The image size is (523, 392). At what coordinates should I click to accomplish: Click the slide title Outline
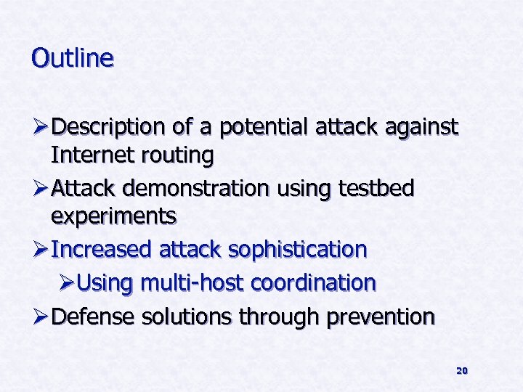tap(73, 58)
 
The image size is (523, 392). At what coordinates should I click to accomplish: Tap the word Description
tap(109, 128)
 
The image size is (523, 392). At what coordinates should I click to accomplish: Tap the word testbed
tap(376, 189)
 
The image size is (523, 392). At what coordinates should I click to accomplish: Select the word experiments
tap(113, 216)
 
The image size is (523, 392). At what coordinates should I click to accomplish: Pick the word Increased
tap(102, 250)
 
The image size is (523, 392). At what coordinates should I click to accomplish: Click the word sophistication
tap(298, 250)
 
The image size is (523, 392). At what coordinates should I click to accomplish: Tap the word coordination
tap(314, 283)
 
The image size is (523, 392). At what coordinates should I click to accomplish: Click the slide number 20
tap(461, 371)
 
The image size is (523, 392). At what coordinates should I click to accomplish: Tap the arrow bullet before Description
tap(40, 128)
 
